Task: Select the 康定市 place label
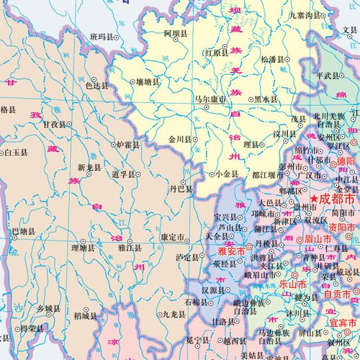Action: click(x=176, y=236)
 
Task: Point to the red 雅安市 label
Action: click(x=234, y=253)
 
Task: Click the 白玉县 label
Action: click(x=17, y=153)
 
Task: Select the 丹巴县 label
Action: click(x=181, y=189)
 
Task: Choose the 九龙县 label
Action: click(x=175, y=314)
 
